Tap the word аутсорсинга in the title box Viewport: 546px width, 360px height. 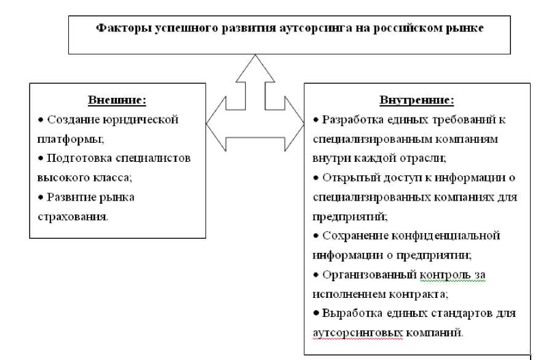pyautogui.click(x=311, y=29)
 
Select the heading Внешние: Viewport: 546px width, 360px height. pyautogui.click(x=117, y=100)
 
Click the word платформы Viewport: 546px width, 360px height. pyautogui.click(x=67, y=138)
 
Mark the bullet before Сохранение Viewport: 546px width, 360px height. pyautogui.click(x=316, y=236)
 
